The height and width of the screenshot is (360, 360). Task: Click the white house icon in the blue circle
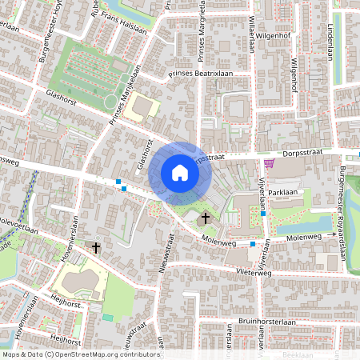pyautogui.click(x=180, y=172)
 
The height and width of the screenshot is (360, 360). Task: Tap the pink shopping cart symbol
pyautogui.click(x=269, y=163)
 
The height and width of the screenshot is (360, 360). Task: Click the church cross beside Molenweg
pyautogui.click(x=206, y=217)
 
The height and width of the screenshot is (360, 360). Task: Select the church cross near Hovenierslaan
pyautogui.click(x=97, y=248)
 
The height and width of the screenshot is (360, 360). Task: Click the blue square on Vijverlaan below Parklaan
pyautogui.click(x=263, y=214)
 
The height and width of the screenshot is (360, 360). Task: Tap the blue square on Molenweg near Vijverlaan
pyautogui.click(x=253, y=243)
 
